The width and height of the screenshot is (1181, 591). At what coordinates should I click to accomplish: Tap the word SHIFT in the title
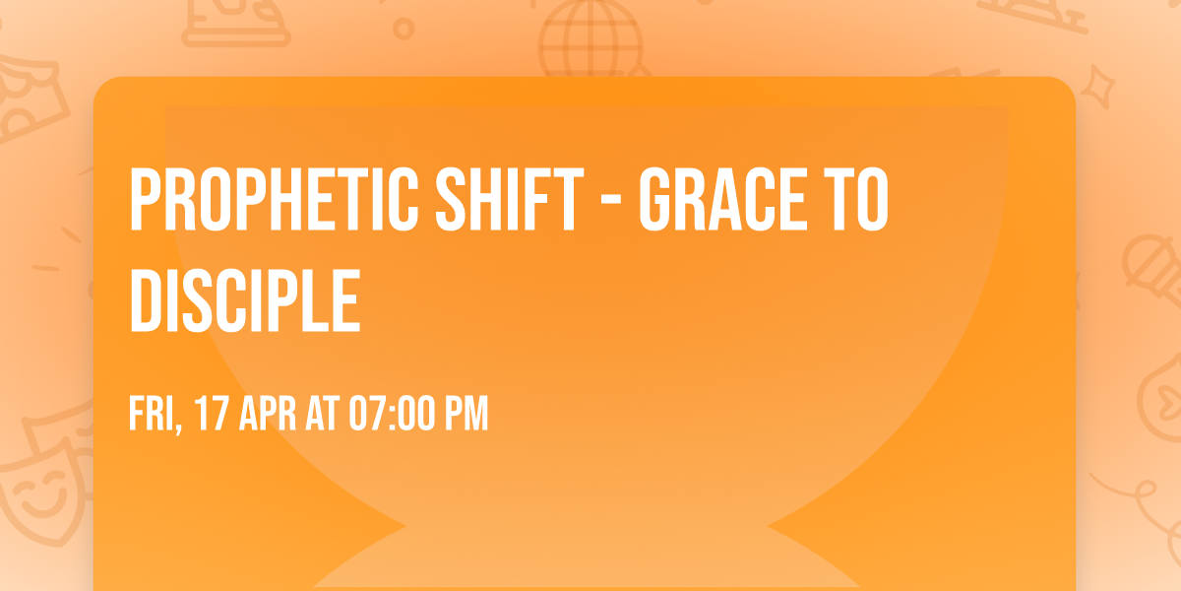(510, 199)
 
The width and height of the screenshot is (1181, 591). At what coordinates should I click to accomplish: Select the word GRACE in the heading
(722, 199)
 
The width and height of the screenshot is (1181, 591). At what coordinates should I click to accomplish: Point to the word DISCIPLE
(245, 300)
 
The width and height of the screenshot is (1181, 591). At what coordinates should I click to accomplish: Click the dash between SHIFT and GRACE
(611, 202)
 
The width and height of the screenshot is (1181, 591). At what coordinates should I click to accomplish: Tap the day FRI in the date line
(152, 414)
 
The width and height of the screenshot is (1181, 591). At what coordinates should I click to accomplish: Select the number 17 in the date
(212, 414)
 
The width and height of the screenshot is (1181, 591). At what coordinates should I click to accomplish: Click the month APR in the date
(268, 414)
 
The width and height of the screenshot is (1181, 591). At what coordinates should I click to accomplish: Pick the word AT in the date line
(322, 414)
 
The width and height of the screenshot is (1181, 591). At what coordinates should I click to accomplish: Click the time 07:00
(392, 414)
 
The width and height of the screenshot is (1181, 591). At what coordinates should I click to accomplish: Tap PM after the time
(467, 414)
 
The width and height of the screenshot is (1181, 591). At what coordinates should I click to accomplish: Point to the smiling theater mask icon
(43, 496)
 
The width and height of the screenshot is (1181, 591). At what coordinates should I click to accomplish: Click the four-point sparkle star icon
(1098, 87)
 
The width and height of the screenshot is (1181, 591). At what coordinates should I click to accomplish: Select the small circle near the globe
(404, 29)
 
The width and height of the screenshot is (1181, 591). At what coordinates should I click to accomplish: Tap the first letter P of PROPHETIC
(145, 199)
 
